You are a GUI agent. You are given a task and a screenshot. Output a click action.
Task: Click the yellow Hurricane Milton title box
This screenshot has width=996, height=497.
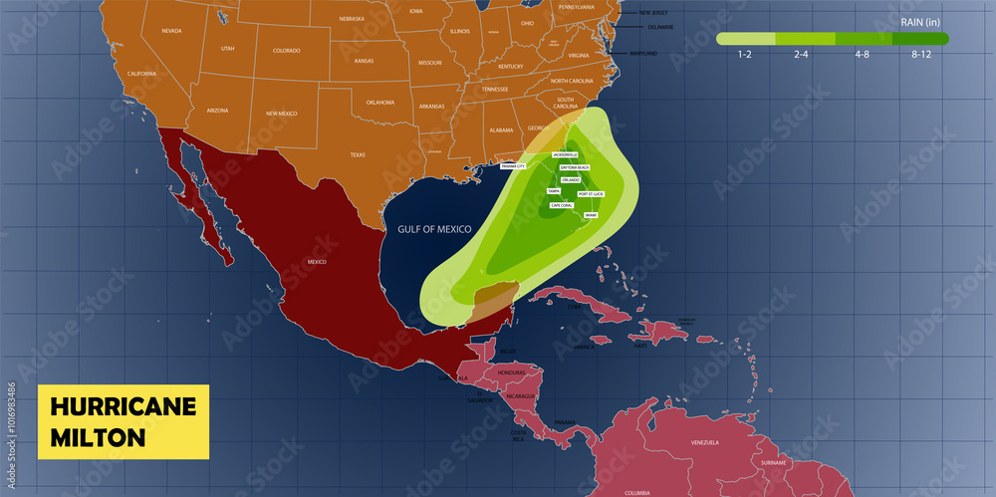[x=123, y=421]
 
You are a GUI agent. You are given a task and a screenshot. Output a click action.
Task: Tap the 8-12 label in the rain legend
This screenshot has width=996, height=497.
[x=921, y=56]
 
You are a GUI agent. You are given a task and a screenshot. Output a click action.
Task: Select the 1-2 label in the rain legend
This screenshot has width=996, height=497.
[x=745, y=56]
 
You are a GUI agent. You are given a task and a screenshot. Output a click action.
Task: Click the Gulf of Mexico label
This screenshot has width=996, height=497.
[x=434, y=229]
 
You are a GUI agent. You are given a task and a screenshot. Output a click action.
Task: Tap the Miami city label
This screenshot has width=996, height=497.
[x=591, y=215]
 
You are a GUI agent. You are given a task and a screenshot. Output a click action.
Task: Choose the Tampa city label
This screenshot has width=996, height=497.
[x=554, y=191]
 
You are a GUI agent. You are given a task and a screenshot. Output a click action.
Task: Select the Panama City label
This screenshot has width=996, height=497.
[x=513, y=166]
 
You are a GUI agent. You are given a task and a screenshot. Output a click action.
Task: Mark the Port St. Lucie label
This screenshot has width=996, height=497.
[x=591, y=193]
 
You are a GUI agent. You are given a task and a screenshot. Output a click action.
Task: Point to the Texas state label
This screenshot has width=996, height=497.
[x=358, y=155]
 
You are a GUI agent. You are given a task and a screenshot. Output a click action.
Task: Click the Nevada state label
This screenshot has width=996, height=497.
[x=171, y=31]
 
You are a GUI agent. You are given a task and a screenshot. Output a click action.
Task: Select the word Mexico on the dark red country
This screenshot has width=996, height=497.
[x=317, y=261]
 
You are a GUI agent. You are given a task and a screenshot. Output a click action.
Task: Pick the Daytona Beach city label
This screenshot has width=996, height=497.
[x=575, y=167]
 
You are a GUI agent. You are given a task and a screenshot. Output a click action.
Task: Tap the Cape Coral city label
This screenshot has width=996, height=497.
[x=562, y=205]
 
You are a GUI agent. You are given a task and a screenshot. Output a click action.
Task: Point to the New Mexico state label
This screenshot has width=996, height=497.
[x=281, y=115]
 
